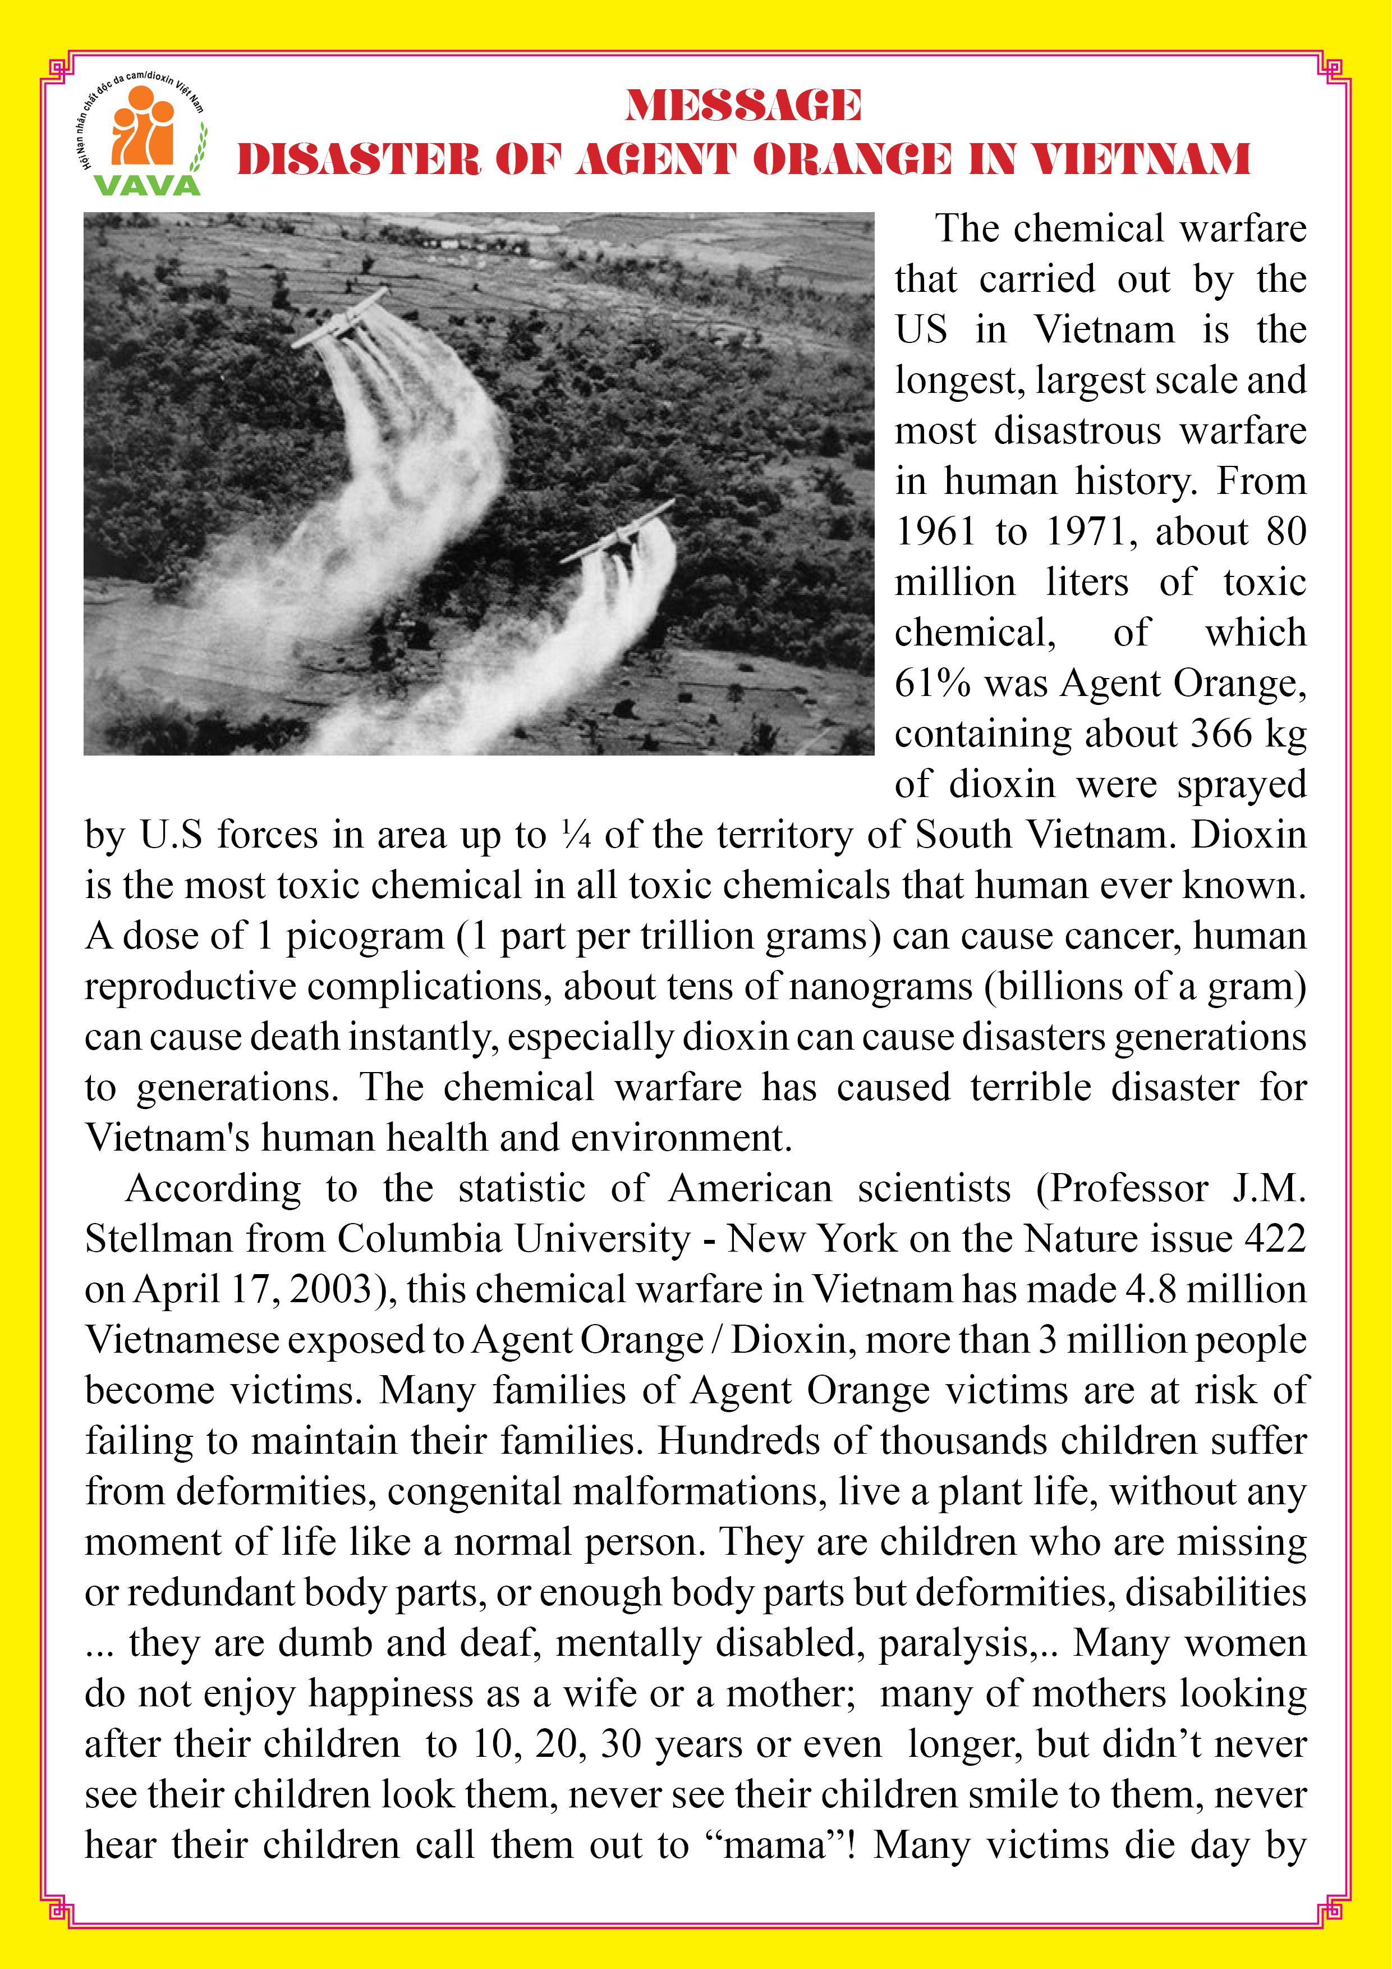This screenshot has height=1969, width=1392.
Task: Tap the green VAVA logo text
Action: (148, 184)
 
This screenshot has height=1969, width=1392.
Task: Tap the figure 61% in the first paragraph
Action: (932, 684)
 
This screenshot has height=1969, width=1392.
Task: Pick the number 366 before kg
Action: (1223, 734)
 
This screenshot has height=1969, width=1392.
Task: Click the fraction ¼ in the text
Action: (576, 835)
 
